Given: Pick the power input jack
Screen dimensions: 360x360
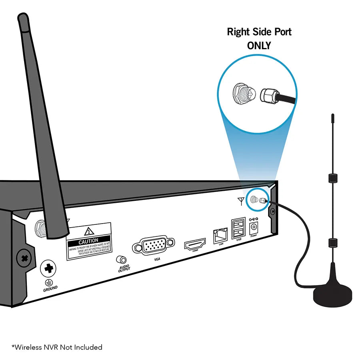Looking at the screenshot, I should (x=254, y=228).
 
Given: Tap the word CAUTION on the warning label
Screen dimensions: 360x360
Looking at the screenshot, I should (x=88, y=241).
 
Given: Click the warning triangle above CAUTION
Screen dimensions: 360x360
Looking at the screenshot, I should (x=88, y=231).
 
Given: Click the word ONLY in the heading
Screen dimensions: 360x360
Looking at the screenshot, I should (x=259, y=46).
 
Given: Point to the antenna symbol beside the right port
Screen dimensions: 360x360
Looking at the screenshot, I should (x=241, y=201).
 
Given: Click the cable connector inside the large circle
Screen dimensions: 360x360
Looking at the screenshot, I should (x=268, y=95).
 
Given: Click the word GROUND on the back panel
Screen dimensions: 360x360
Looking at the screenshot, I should (x=50, y=288).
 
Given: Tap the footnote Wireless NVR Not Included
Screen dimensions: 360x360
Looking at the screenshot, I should (x=57, y=347).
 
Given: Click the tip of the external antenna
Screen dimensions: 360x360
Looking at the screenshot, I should (x=332, y=116).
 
